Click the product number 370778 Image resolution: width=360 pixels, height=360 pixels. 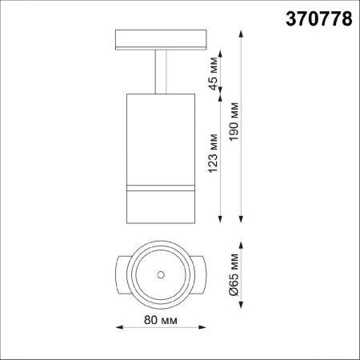318,20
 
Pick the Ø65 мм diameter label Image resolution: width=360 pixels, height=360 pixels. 234,274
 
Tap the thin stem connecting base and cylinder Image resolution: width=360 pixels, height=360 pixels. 159,72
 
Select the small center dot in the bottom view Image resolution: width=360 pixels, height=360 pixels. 161,275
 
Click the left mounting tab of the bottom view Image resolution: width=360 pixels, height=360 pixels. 121,275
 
